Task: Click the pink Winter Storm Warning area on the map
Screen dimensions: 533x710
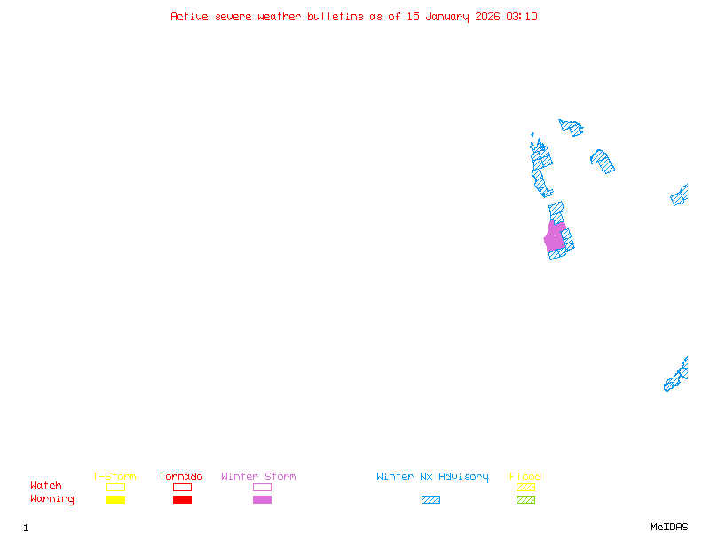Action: [x=555, y=238]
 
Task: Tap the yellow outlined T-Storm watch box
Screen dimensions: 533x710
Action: [x=115, y=487]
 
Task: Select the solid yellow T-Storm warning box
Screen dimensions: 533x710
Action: [x=115, y=499]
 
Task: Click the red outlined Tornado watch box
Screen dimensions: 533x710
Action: [x=182, y=487]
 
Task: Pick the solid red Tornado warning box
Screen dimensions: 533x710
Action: [x=182, y=499]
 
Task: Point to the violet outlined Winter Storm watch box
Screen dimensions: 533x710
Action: [x=262, y=487]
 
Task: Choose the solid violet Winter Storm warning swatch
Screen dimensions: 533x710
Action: [x=262, y=499]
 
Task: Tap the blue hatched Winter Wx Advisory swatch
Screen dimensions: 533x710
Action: [x=430, y=499]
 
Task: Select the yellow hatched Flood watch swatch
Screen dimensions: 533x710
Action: [x=525, y=487]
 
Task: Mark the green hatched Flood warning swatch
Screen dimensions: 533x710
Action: [x=525, y=499]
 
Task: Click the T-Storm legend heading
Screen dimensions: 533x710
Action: [x=114, y=476]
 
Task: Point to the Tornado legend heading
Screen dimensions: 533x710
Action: [x=181, y=476]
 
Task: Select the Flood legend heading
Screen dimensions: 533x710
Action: [x=525, y=476]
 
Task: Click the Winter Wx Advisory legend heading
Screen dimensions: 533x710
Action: [x=432, y=476]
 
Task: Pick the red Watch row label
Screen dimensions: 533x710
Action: [x=46, y=486]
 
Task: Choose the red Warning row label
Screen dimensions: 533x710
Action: [x=52, y=499]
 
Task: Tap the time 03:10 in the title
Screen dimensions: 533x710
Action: [x=522, y=16]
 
